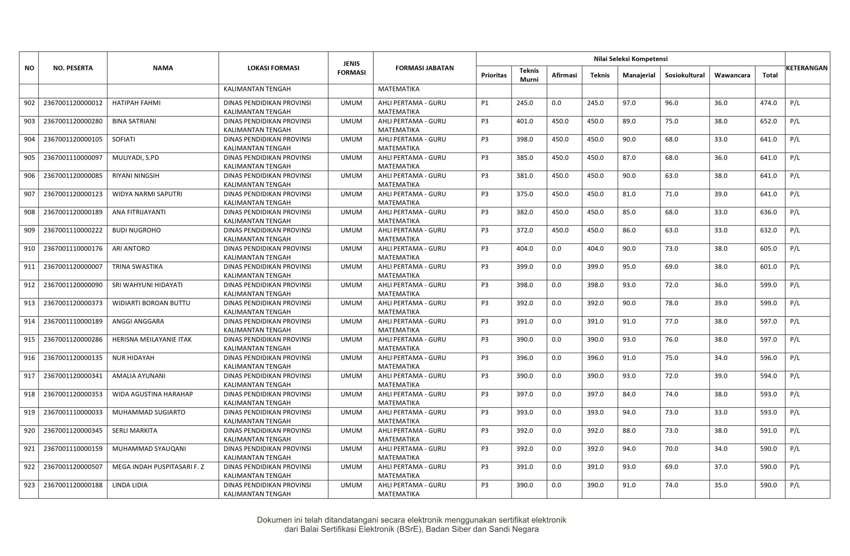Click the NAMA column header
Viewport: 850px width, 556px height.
[163, 68]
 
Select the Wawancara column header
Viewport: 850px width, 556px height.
[732, 75]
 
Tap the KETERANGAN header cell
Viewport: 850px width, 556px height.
[807, 68]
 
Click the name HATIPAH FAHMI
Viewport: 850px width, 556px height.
[136, 103]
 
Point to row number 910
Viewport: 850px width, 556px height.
[29, 248]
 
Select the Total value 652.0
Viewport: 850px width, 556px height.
[768, 121]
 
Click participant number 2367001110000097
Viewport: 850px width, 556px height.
[73, 157]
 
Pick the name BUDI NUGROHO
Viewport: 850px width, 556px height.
[136, 230]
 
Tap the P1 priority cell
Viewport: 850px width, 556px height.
[485, 103]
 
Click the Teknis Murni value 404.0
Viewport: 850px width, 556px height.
[524, 248]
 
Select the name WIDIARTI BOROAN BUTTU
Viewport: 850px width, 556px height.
[151, 303]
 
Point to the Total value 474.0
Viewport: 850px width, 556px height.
[768, 103]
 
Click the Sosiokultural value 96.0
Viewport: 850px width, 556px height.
[671, 103]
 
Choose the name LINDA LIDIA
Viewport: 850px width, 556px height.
[129, 485]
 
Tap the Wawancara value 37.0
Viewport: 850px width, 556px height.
[721, 467]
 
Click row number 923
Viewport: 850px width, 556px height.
[29, 485]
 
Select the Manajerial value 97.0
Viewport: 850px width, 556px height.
[629, 103]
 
